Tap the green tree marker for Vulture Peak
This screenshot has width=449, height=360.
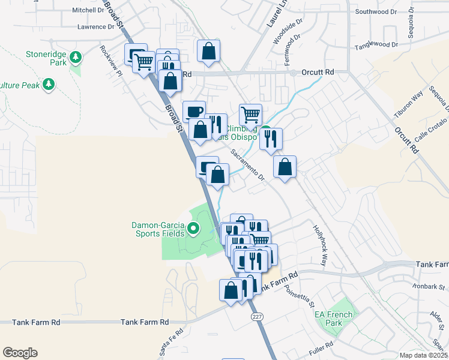[x=49, y=85]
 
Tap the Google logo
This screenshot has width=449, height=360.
[x=19, y=353]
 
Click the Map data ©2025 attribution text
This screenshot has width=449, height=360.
[x=423, y=355]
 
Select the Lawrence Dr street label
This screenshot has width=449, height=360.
[x=95, y=27]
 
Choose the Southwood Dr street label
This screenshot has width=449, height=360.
[x=376, y=11]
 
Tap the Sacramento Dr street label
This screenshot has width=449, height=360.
[x=248, y=163]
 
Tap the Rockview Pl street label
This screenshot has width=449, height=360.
[x=112, y=61]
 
